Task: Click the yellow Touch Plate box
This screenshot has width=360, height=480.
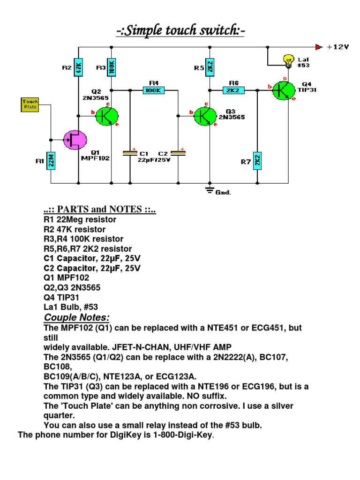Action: point(30,104)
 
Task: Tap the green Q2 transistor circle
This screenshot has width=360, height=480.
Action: point(107,116)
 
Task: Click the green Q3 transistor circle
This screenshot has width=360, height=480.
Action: point(205,116)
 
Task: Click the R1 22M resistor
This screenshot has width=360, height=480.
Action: point(52,161)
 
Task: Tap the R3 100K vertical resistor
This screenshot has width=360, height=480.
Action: point(112,67)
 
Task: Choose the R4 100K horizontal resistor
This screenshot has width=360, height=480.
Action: point(153,90)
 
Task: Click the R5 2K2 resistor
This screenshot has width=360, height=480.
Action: point(210,67)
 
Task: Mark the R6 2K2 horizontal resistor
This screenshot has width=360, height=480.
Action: point(233,90)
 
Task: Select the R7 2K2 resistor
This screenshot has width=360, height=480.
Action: point(257,161)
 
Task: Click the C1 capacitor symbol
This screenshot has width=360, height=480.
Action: point(129,153)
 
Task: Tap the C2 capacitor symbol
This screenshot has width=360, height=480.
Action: point(178,153)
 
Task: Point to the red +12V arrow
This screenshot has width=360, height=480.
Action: point(319,47)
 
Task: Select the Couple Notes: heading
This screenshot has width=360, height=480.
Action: point(76,317)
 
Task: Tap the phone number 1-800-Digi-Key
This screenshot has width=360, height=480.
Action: point(178,435)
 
